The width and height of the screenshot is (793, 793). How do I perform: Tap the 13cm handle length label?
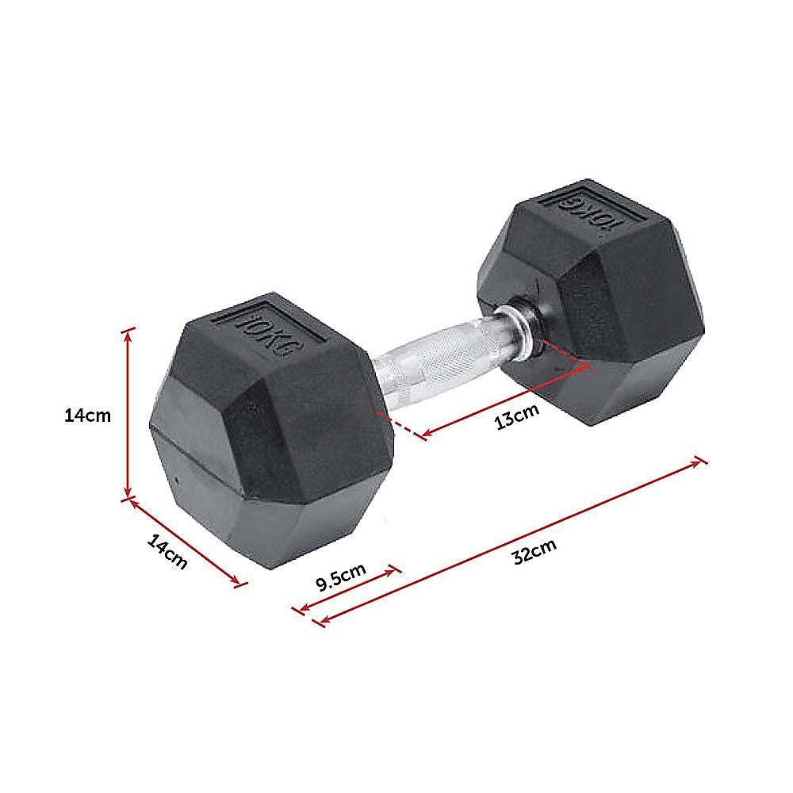point(516,416)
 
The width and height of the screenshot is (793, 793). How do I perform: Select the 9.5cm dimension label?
point(340,577)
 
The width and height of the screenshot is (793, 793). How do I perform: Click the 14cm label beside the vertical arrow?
point(88,415)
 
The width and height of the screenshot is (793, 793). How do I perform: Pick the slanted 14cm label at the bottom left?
point(167,552)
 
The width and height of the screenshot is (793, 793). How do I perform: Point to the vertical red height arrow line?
point(128,412)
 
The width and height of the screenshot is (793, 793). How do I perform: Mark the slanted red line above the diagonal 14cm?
point(185,542)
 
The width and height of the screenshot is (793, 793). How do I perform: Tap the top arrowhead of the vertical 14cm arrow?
point(128,331)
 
